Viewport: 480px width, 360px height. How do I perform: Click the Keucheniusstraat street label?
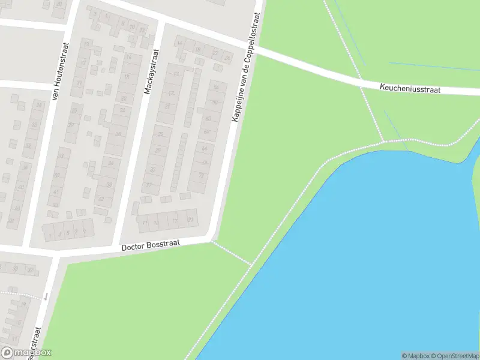click(x=410, y=89)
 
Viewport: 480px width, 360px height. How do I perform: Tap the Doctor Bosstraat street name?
click(x=151, y=247)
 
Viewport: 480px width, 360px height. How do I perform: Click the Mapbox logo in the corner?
click(x=26, y=353)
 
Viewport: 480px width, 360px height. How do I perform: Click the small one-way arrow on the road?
click(x=46, y=296)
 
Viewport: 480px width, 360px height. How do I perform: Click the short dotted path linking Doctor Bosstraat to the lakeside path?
click(x=232, y=253)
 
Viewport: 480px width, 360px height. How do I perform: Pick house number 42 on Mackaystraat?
click(x=101, y=199)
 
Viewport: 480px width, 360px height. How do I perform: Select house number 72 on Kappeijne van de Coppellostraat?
click(x=202, y=175)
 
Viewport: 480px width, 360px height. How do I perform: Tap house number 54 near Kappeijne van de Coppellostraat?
click(x=215, y=88)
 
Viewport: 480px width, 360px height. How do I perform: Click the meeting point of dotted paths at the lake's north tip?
click(x=383, y=142)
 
